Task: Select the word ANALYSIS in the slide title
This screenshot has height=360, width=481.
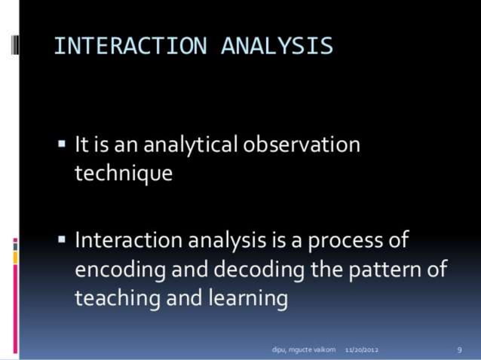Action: point(277,46)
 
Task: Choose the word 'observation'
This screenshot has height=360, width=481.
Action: point(302,144)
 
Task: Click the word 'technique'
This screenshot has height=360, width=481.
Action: point(124,174)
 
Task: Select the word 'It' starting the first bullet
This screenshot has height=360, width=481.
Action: point(82,144)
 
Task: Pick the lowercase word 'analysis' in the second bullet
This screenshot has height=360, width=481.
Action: point(225,242)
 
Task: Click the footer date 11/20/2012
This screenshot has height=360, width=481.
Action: point(362,350)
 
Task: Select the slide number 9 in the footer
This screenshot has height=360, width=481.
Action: point(459,350)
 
